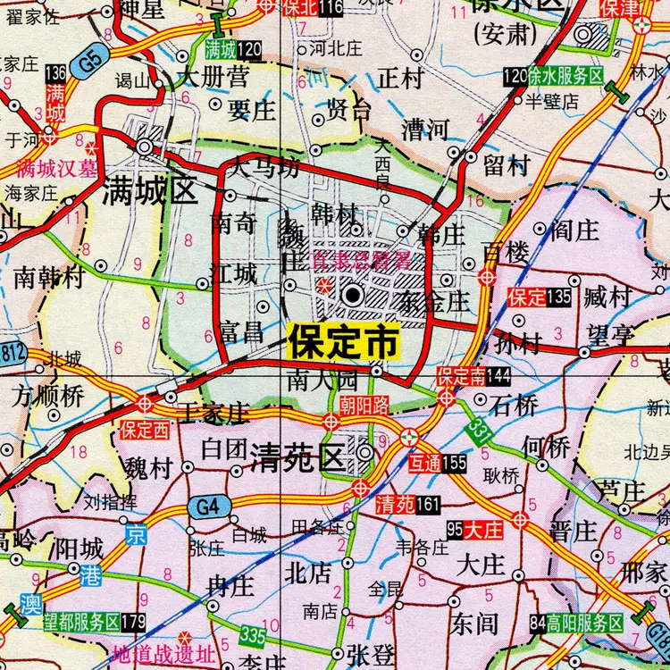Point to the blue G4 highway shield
pyautogui.click(x=206, y=507)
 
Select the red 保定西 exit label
pyautogui.click(x=146, y=430)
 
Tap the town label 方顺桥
pyautogui.click(x=47, y=396)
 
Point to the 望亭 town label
pyautogui.click(x=610, y=336)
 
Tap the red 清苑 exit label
pyautogui.click(x=396, y=506)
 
